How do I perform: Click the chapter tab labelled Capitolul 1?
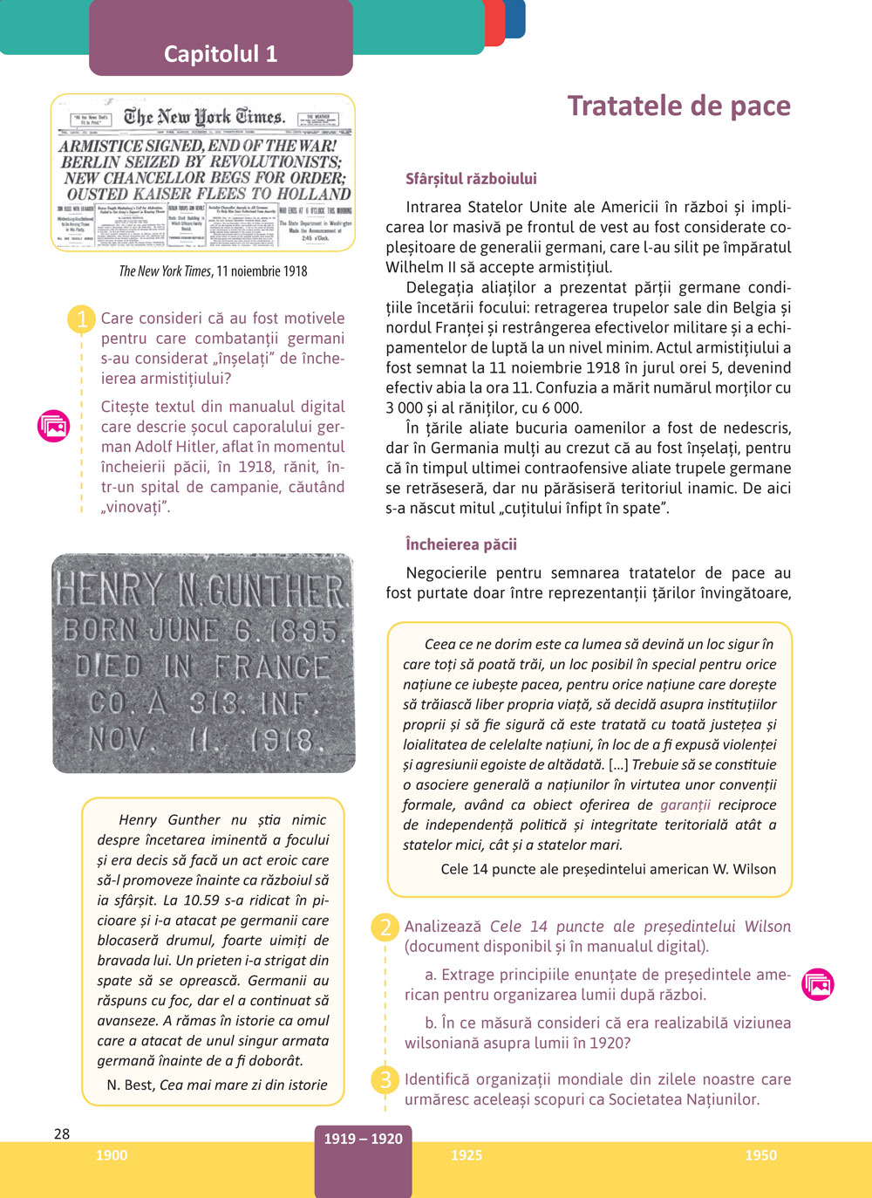tap(221, 54)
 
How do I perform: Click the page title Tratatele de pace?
tap(678, 106)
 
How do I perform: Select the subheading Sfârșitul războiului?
tap(471, 179)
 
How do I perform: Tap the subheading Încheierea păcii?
tap(461, 544)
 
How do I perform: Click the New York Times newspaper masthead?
tap(204, 117)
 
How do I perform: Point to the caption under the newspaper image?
tap(213, 271)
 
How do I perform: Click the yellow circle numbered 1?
tap(82, 318)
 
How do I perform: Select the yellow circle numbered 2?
tap(385, 927)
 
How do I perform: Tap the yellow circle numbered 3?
tap(385, 1079)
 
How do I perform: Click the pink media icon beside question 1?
tap(54, 426)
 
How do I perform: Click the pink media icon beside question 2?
tap(818, 984)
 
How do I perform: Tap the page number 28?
tap(62, 1133)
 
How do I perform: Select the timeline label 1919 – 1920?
tap(363, 1139)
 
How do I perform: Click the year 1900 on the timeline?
tap(112, 1155)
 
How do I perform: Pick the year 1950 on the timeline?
tap(760, 1155)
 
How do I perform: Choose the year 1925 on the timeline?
tap(467, 1155)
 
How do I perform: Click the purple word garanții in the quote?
tap(685, 804)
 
